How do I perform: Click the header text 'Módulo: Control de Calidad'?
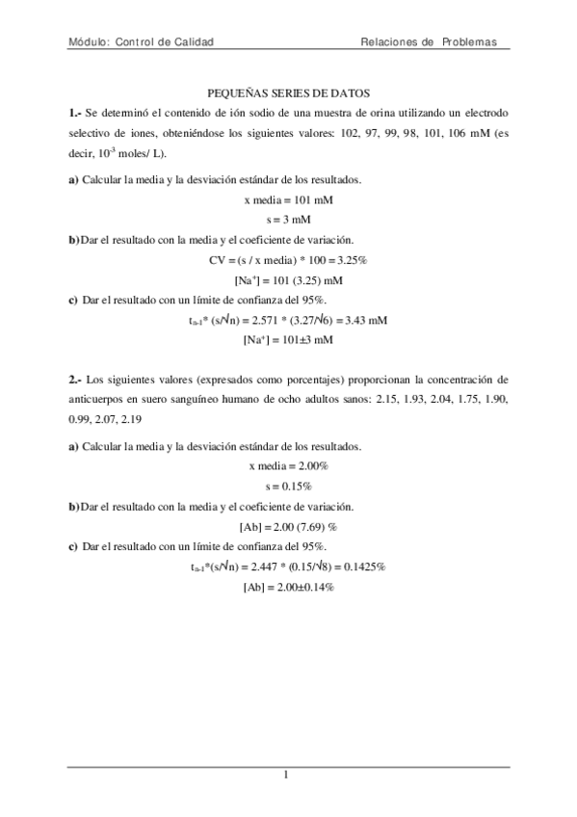click(x=141, y=42)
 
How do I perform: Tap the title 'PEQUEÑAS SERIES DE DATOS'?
click(x=289, y=94)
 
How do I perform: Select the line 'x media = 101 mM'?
click(x=289, y=200)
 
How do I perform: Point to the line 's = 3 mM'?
click(x=289, y=220)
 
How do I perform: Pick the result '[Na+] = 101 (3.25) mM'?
click(x=289, y=280)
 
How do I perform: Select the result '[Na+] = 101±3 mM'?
click(x=289, y=340)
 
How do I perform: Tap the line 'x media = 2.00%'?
click(x=289, y=465)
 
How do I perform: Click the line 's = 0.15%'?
click(x=289, y=486)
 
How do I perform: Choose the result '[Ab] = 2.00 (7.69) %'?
click(x=289, y=526)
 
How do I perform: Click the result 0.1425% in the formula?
click(x=366, y=567)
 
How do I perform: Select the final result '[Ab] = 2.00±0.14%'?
click(x=289, y=587)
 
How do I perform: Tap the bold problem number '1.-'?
click(x=76, y=114)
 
